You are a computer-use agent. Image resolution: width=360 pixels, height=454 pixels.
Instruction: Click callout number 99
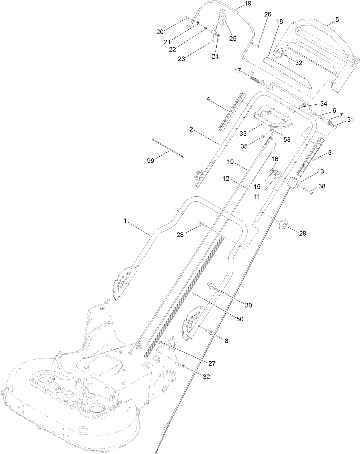coord(151,161)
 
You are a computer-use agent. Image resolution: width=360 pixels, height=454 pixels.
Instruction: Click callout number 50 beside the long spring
coord(240,318)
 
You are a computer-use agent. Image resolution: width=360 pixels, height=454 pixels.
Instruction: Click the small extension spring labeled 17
coord(255,78)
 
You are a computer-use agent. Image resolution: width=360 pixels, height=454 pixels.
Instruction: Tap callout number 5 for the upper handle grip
coord(337,20)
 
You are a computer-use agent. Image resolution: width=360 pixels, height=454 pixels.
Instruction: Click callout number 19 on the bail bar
coord(248,4)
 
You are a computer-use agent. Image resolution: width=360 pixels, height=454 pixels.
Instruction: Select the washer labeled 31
coord(335,125)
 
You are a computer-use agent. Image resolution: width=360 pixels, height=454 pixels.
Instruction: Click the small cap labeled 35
coord(261,138)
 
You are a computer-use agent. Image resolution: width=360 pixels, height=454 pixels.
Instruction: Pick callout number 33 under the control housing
coord(243,133)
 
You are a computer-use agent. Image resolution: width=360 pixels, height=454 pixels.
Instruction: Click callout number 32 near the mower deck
coord(206,377)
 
